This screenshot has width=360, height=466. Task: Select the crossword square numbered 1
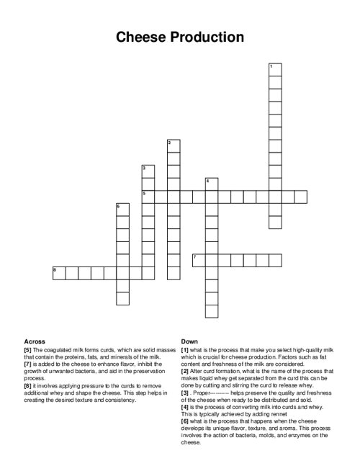pyautogui.click(x=274, y=70)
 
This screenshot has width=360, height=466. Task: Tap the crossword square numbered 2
pyautogui.click(x=173, y=145)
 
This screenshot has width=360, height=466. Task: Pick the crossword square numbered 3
pyautogui.click(x=148, y=171)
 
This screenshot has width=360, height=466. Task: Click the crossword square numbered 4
pyautogui.click(x=211, y=184)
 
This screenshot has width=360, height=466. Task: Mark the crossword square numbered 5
pyautogui.click(x=148, y=197)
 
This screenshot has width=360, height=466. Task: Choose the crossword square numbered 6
pyautogui.click(x=122, y=210)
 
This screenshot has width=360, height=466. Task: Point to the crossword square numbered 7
pyautogui.click(x=199, y=260)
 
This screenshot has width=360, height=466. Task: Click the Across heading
pyautogui.click(x=35, y=341)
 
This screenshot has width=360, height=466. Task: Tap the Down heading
pyautogui.click(x=190, y=341)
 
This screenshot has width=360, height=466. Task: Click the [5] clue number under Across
pyautogui.click(x=28, y=349)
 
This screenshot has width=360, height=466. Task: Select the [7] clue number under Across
pyautogui.click(x=28, y=364)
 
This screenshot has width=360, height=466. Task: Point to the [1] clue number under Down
pyautogui.click(x=185, y=349)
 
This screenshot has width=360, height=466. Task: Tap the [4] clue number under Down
pyautogui.click(x=185, y=406)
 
